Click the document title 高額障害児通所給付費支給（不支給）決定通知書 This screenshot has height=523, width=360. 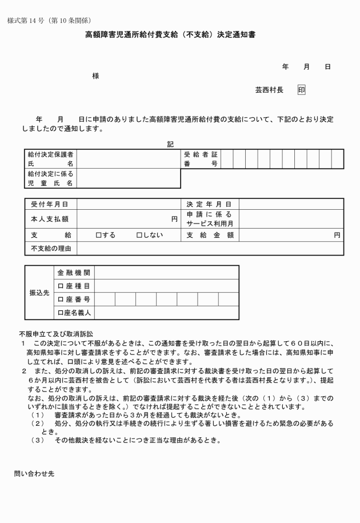[x=170, y=35]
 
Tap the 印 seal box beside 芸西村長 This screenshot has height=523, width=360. [x=301, y=90]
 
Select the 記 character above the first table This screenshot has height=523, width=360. [x=170, y=144]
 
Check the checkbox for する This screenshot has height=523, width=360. [x=98, y=235]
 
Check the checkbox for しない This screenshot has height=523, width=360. [x=139, y=235]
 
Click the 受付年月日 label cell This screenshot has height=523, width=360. [x=50, y=204]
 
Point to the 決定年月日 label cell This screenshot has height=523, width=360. [x=209, y=204]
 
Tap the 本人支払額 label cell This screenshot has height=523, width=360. [x=50, y=219]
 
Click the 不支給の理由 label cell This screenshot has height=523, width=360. [x=50, y=248]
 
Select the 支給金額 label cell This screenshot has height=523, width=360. [x=209, y=235]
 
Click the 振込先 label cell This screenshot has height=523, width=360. [x=39, y=292]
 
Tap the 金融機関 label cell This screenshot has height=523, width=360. [x=74, y=273]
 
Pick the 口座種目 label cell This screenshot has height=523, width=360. [x=74, y=286]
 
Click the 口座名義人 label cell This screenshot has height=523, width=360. [x=74, y=313]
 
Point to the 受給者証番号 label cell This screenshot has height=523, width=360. [x=201, y=159]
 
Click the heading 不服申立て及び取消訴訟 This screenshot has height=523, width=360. [x=56, y=333]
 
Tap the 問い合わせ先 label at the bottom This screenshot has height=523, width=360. [x=34, y=473]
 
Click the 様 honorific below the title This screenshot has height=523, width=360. [x=95, y=76]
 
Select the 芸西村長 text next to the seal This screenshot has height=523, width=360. [x=269, y=90]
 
